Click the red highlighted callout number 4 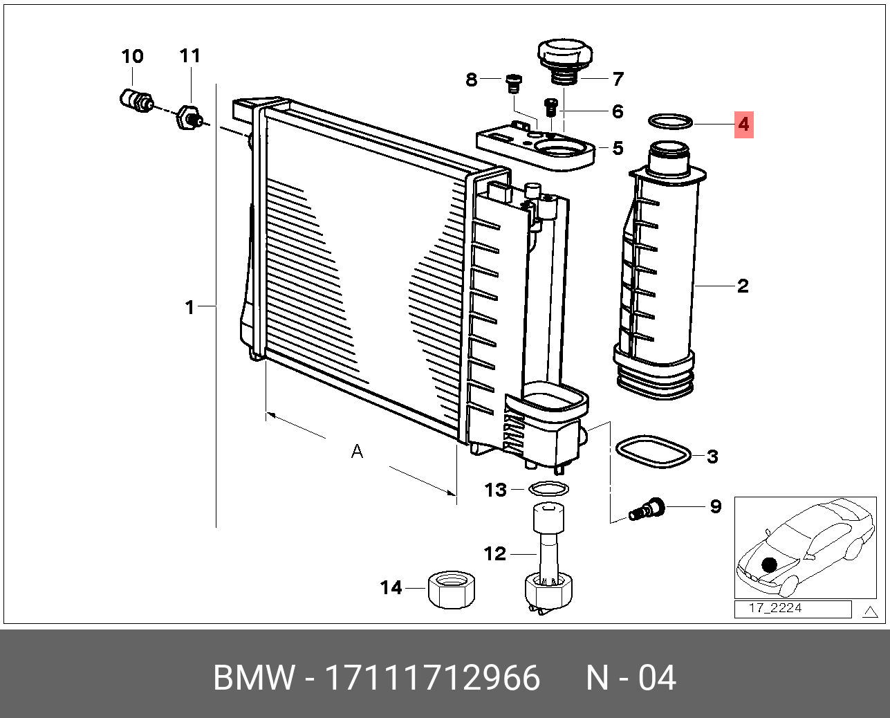[x=743, y=125]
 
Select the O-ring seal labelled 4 [x=670, y=122]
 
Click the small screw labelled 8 [x=512, y=84]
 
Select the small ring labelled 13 [x=548, y=490]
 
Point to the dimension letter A [x=357, y=452]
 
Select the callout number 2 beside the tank [x=743, y=286]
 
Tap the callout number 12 [x=495, y=553]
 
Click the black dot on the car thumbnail [x=770, y=565]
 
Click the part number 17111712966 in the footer [x=432, y=678]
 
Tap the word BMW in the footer [x=254, y=678]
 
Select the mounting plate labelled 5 [x=535, y=147]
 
